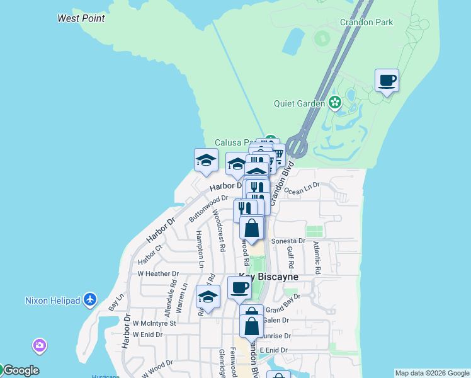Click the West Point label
pos(81,18)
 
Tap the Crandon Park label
pos(366,22)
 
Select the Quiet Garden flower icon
pos(334,102)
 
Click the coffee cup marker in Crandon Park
pos(387,81)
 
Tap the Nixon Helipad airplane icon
pos(90,300)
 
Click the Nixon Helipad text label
pos(53,301)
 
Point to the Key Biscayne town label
pos(269,277)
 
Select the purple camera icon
pos(40,345)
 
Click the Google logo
pos(20,370)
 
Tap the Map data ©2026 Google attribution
pos(431,373)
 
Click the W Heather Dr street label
pos(158,274)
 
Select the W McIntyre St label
pos(155,323)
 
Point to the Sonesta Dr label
pos(288,241)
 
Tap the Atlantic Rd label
pos(317,259)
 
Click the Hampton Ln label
pos(200,246)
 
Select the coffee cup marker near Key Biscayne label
pos(239,288)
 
